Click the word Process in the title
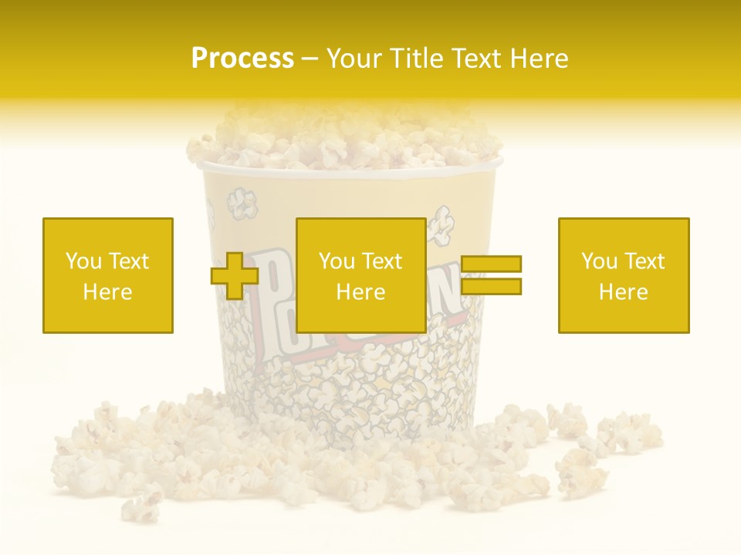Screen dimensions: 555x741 click(x=242, y=59)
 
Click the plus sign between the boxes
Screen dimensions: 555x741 click(x=235, y=276)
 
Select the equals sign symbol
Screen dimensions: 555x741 click(x=492, y=275)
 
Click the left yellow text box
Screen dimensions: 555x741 click(x=108, y=275)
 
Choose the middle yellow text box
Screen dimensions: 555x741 click(x=361, y=275)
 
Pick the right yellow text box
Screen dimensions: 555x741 click(x=624, y=275)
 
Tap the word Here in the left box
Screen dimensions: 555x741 click(x=108, y=292)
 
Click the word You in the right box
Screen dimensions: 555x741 click(x=599, y=261)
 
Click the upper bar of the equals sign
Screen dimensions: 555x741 click(x=492, y=264)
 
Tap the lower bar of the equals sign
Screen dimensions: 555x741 click(x=492, y=286)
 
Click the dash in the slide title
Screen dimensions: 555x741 click(x=310, y=59)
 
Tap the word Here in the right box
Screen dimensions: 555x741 click(x=624, y=292)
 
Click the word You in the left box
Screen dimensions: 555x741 click(x=83, y=261)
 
